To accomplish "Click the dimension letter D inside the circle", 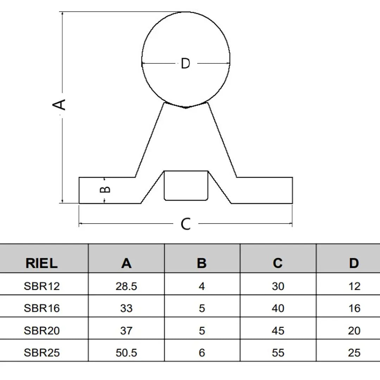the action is point(185,63).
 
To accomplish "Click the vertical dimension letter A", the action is point(59,105).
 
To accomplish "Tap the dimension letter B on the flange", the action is point(105,189).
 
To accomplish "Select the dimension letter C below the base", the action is point(186,224).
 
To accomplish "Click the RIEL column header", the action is point(42,263).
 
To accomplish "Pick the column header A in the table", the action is point(126,263).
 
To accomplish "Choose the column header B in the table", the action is point(202,263).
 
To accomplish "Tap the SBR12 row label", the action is point(42,286).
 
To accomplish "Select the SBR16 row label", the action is point(42,308).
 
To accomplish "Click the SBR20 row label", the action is point(42,331).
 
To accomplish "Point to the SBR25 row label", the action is point(42,353).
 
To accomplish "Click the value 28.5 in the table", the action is point(126,286).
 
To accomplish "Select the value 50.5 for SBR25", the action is point(126,353).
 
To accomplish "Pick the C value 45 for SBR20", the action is point(278,331).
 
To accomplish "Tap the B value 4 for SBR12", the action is point(202,286).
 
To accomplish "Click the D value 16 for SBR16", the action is point(354,308).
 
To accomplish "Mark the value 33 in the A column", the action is point(126,308).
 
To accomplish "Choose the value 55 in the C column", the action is point(278,353).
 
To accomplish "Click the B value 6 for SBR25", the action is point(202,353).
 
